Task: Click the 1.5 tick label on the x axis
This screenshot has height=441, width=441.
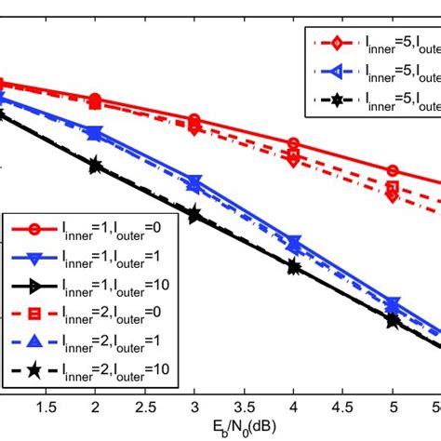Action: [x=45, y=407]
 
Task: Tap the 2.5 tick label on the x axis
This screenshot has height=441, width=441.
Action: [x=144, y=407]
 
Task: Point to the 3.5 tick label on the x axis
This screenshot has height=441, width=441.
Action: [x=244, y=407]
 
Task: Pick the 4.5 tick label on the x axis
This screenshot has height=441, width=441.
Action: [x=342, y=407]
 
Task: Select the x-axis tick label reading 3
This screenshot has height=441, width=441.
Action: [x=194, y=407]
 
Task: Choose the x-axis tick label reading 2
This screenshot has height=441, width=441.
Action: [x=95, y=407]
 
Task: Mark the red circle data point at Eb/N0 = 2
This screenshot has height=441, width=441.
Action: [x=95, y=99]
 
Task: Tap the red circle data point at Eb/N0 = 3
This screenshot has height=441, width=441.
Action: [x=194, y=120]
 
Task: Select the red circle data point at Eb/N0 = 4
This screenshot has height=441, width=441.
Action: [x=293, y=144]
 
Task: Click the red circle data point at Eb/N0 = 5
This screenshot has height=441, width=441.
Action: [x=392, y=171]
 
